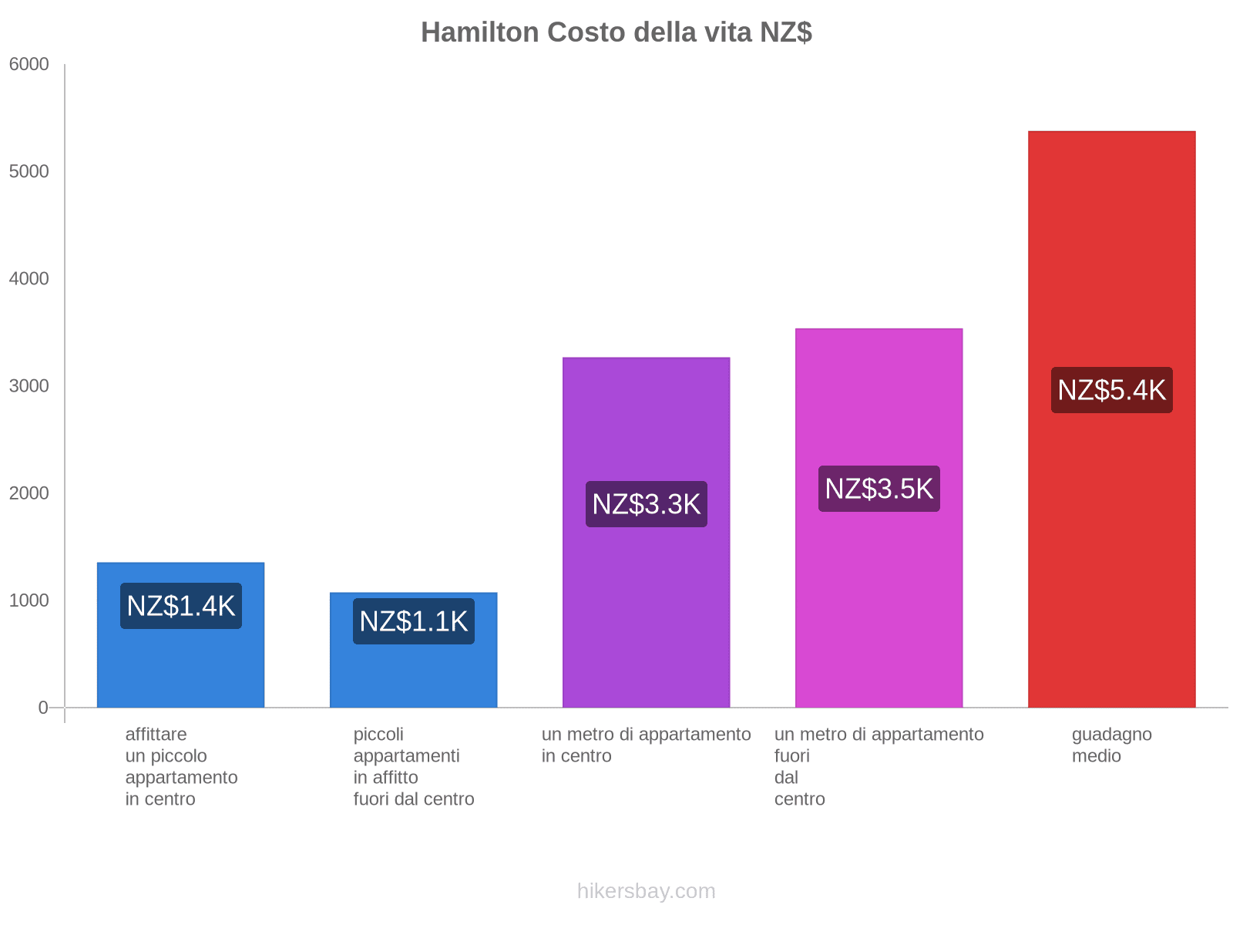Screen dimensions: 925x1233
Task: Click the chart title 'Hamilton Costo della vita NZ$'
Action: (616, 32)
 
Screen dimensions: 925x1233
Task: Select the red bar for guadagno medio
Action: (1111, 540)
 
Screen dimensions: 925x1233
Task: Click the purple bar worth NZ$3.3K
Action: (646, 601)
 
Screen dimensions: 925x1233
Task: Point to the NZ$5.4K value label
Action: (1111, 390)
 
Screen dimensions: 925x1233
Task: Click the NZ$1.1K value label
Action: (413, 621)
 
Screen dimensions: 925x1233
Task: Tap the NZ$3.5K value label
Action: (879, 489)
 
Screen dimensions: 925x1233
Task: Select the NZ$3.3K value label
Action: (646, 504)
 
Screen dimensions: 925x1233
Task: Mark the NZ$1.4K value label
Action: (180, 606)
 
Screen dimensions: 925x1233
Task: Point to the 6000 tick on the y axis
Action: (29, 65)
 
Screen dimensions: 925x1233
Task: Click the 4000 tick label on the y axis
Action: (29, 279)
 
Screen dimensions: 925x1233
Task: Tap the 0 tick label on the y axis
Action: (43, 708)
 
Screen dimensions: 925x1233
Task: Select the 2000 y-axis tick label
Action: (29, 493)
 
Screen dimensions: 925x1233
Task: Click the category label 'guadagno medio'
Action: (1111, 745)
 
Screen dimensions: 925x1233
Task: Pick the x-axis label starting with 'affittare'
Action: (181, 766)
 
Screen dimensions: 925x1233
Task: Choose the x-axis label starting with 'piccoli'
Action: (413, 766)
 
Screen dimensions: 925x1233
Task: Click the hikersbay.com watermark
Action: (646, 891)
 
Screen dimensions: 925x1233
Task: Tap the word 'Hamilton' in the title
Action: (479, 32)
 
